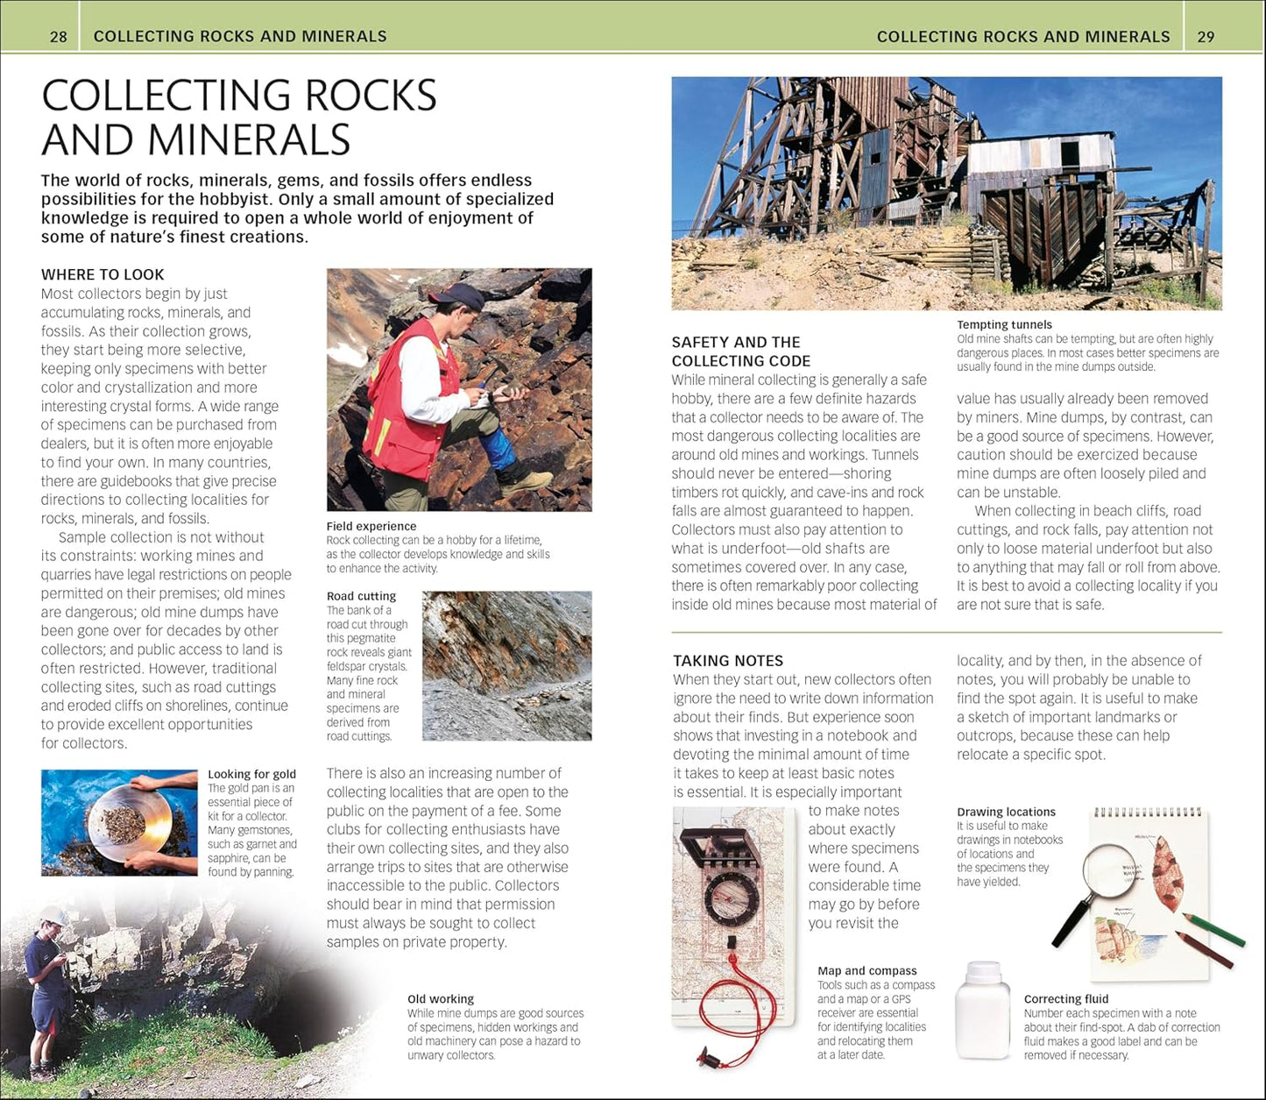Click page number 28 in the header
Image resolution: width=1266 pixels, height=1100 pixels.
59,37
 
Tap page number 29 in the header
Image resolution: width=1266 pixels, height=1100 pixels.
1206,37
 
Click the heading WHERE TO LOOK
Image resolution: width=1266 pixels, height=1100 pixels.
103,274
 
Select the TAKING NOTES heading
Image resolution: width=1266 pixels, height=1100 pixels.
728,661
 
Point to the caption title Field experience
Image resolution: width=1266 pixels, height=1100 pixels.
371,527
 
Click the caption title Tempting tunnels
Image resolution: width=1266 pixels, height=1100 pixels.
1004,325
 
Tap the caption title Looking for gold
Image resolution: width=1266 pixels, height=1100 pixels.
251,774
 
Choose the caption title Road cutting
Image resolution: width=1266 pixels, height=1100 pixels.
361,596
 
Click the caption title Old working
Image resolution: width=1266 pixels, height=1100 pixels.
440,999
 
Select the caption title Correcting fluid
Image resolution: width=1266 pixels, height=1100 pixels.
1065,999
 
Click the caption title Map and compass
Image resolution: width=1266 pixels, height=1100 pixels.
866,971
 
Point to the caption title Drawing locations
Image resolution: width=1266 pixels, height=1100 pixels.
1006,813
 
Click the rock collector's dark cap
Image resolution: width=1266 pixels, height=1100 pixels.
459,296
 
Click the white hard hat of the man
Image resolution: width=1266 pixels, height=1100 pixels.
53,915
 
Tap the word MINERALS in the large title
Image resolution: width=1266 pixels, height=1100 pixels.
249,140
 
